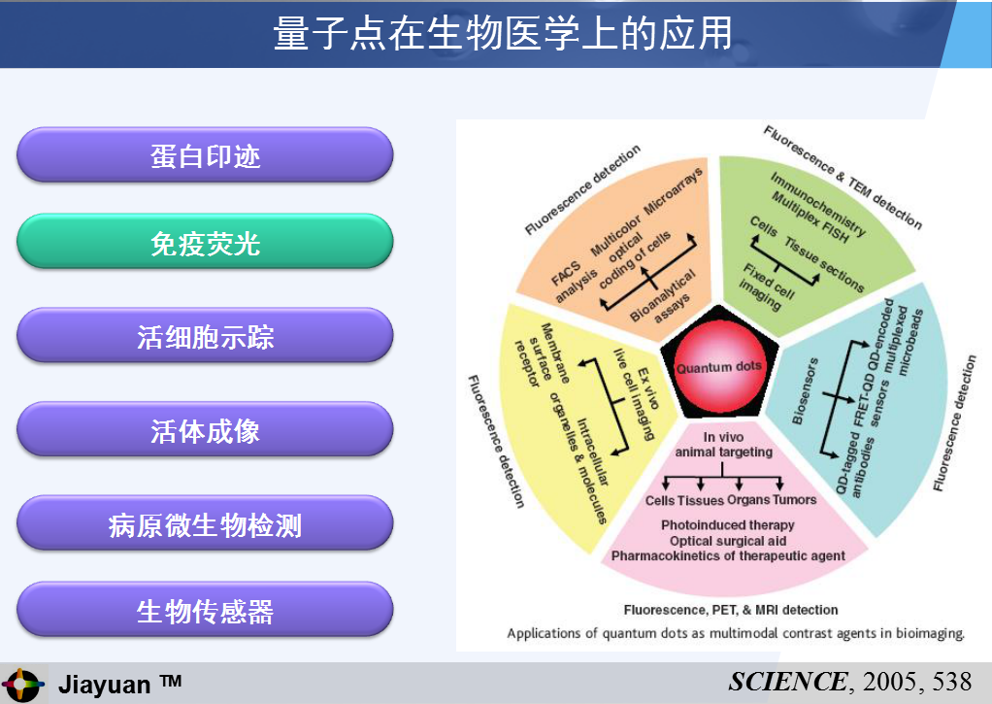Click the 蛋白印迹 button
click(205, 155)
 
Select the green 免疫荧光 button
click(205, 243)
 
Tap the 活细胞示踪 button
click(205, 336)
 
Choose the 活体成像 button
click(205, 430)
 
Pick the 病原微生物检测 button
click(205, 523)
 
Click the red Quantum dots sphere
click(718, 366)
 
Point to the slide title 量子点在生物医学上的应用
click(503, 33)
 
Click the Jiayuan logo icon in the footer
click(22, 685)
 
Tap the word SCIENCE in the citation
click(787, 682)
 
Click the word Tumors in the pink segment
click(794, 499)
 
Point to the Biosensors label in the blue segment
click(805, 391)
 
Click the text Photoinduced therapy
click(728, 524)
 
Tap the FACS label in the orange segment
click(565, 274)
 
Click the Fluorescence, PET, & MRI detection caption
click(731, 610)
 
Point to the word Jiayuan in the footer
click(105, 685)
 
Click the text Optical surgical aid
click(728, 541)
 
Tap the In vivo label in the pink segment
click(723, 437)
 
